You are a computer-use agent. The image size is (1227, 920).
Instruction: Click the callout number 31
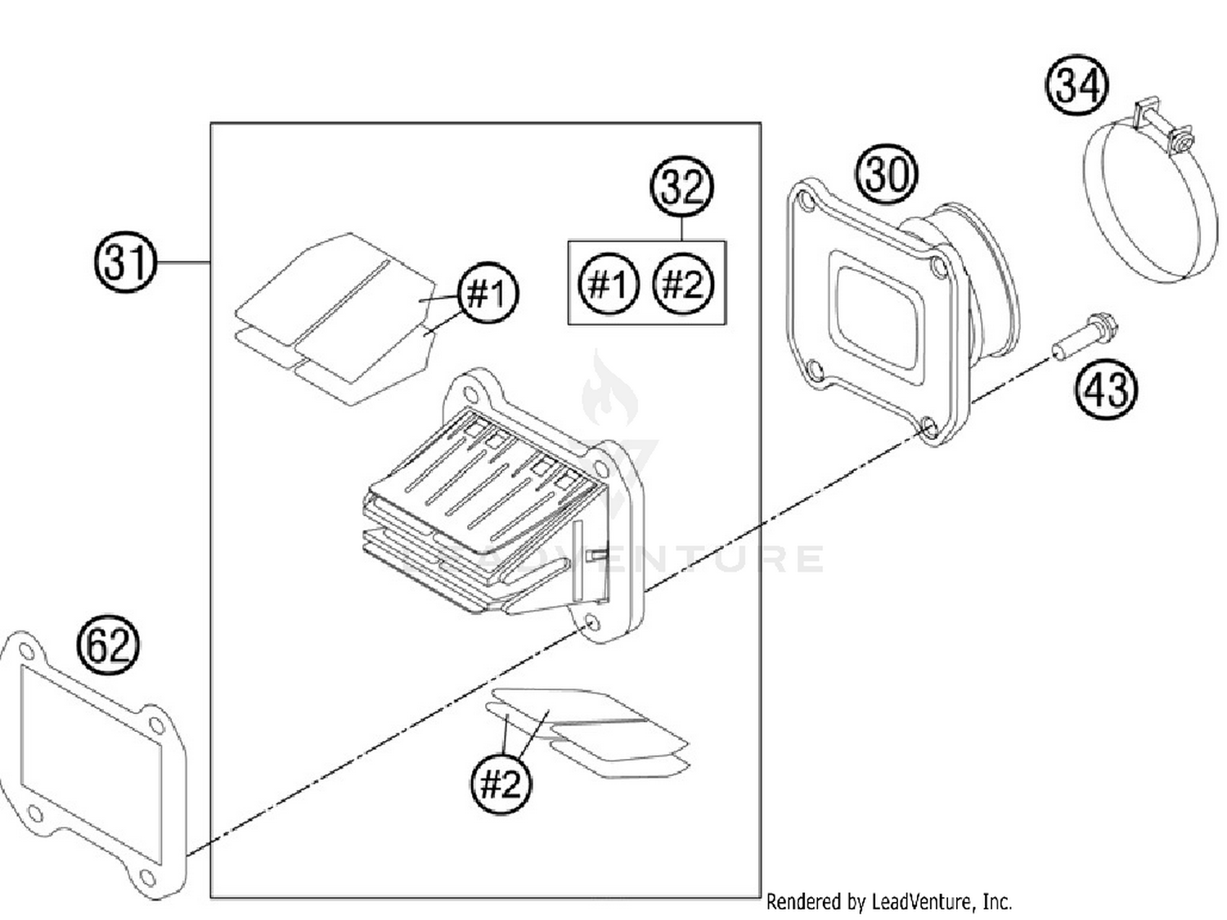(124, 262)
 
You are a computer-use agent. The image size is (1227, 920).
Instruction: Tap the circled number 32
(681, 187)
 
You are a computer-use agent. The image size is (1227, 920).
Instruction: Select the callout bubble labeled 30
(887, 173)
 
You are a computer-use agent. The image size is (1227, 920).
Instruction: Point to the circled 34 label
(1077, 85)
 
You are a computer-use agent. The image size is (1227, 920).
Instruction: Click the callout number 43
(1106, 388)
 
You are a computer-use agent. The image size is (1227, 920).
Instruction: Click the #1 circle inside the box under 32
(608, 284)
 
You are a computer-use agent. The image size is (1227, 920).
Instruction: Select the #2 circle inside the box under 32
(682, 284)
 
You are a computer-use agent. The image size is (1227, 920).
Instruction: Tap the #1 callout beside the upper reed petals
(488, 292)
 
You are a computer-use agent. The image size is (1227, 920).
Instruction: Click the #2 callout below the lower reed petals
(501, 783)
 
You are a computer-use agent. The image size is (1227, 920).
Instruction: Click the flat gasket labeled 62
(94, 765)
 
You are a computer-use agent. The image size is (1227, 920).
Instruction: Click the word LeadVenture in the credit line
(922, 902)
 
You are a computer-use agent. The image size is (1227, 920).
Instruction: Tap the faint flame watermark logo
(609, 393)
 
